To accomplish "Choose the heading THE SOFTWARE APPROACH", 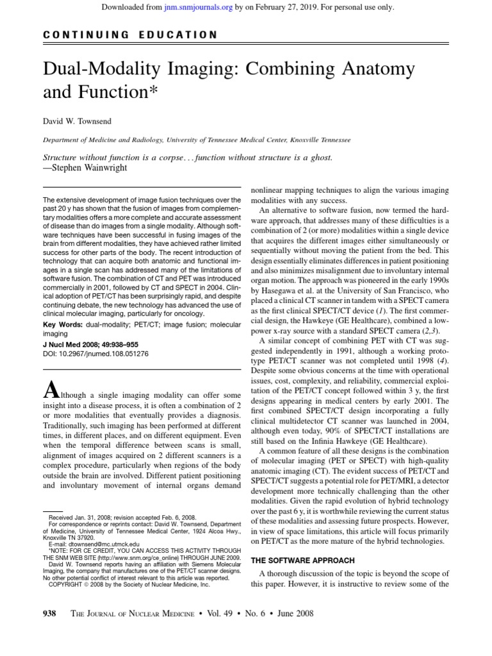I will (302, 560).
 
